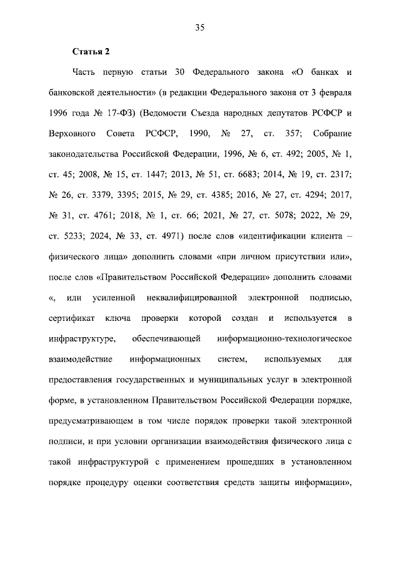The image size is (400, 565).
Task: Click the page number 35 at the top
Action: [200, 27]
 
